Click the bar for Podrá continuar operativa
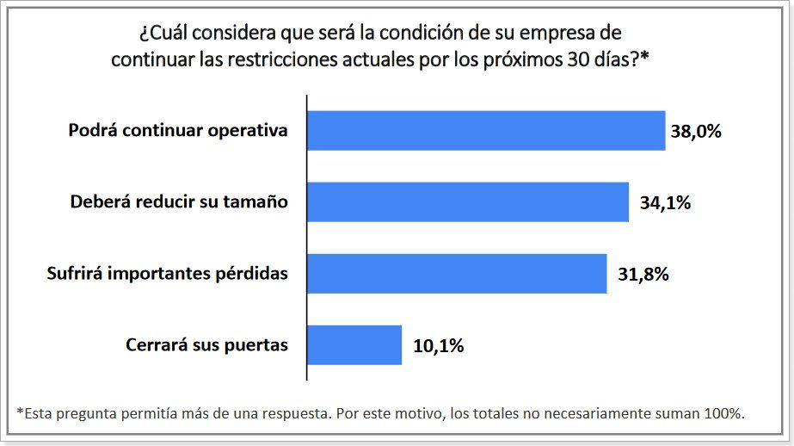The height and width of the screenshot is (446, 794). [486, 131]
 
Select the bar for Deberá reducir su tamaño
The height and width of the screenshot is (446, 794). [468, 202]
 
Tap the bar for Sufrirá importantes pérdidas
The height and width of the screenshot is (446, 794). [457, 274]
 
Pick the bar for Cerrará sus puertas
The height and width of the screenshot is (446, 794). [354, 345]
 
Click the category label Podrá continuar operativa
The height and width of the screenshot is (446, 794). [178, 131]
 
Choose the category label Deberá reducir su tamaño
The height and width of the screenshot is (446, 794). [178, 202]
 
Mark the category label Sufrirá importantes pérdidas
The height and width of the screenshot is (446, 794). [166, 274]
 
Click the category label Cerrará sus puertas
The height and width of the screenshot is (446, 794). [206, 345]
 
